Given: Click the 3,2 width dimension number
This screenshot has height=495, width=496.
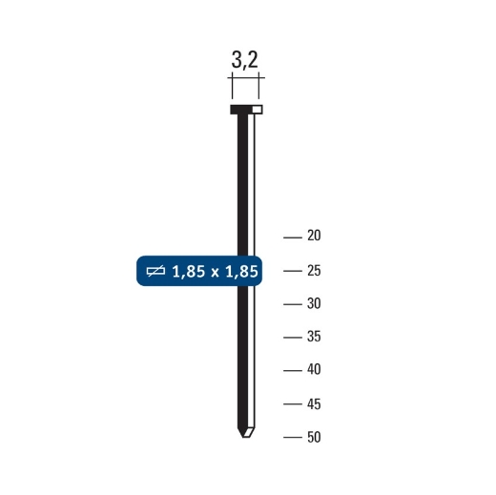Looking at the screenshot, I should (x=245, y=61).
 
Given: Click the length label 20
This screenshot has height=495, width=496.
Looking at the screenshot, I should (x=315, y=237).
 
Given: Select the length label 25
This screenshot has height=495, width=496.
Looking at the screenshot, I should (x=315, y=271).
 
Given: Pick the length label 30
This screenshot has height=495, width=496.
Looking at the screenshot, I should (x=315, y=304).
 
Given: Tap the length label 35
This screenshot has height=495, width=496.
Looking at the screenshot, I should (x=315, y=337).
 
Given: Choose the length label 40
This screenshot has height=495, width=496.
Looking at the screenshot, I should (x=315, y=370).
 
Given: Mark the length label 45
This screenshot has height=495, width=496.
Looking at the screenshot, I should (x=315, y=403).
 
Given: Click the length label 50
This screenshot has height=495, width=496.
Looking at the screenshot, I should (x=315, y=437).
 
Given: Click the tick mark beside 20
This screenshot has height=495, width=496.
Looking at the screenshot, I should (x=293, y=237).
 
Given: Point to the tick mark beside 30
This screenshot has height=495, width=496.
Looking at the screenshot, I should (x=293, y=304).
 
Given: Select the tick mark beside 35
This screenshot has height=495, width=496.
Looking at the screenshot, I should (x=293, y=337).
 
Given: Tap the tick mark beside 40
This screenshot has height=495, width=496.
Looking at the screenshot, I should (x=293, y=370).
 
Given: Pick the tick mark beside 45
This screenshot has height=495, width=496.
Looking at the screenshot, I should (x=293, y=403).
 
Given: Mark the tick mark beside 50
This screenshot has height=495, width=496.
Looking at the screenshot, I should (x=293, y=437).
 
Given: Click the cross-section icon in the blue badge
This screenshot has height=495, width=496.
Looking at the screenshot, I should (x=156, y=272).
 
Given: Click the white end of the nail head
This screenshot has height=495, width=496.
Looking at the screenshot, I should (x=258, y=109).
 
